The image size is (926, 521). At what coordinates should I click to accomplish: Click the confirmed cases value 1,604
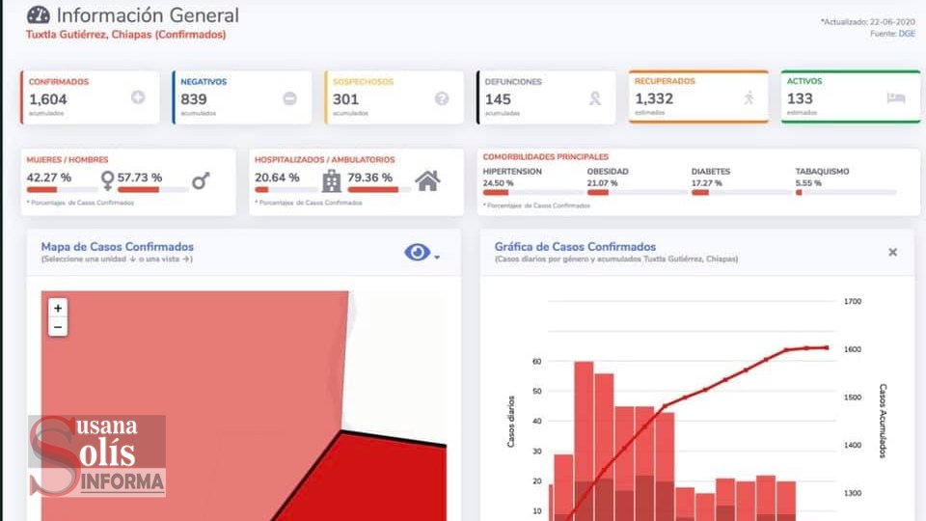point(46,98)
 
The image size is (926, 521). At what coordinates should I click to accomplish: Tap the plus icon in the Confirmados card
point(138,97)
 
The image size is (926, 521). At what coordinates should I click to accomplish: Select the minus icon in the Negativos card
point(289,97)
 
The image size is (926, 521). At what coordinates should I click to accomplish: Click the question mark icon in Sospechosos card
point(442,97)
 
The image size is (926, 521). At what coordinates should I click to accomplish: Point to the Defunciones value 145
point(498,98)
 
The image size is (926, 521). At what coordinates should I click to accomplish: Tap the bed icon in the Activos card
point(895,97)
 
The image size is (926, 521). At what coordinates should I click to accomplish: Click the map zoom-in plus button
point(58,308)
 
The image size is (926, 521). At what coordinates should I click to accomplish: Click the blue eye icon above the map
point(418,253)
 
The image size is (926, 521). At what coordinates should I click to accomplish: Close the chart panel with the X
point(892,253)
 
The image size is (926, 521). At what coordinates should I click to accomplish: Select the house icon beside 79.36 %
point(427,179)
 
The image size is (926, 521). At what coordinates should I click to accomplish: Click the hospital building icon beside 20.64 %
point(332,180)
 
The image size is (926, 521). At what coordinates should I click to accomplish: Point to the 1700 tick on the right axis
point(852,302)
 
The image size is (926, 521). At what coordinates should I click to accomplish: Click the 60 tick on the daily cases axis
point(536,362)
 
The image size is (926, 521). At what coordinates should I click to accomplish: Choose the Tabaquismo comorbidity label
point(822,171)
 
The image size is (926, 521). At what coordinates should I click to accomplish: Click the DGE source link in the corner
point(907,34)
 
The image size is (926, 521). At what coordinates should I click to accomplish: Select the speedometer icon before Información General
point(38,15)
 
